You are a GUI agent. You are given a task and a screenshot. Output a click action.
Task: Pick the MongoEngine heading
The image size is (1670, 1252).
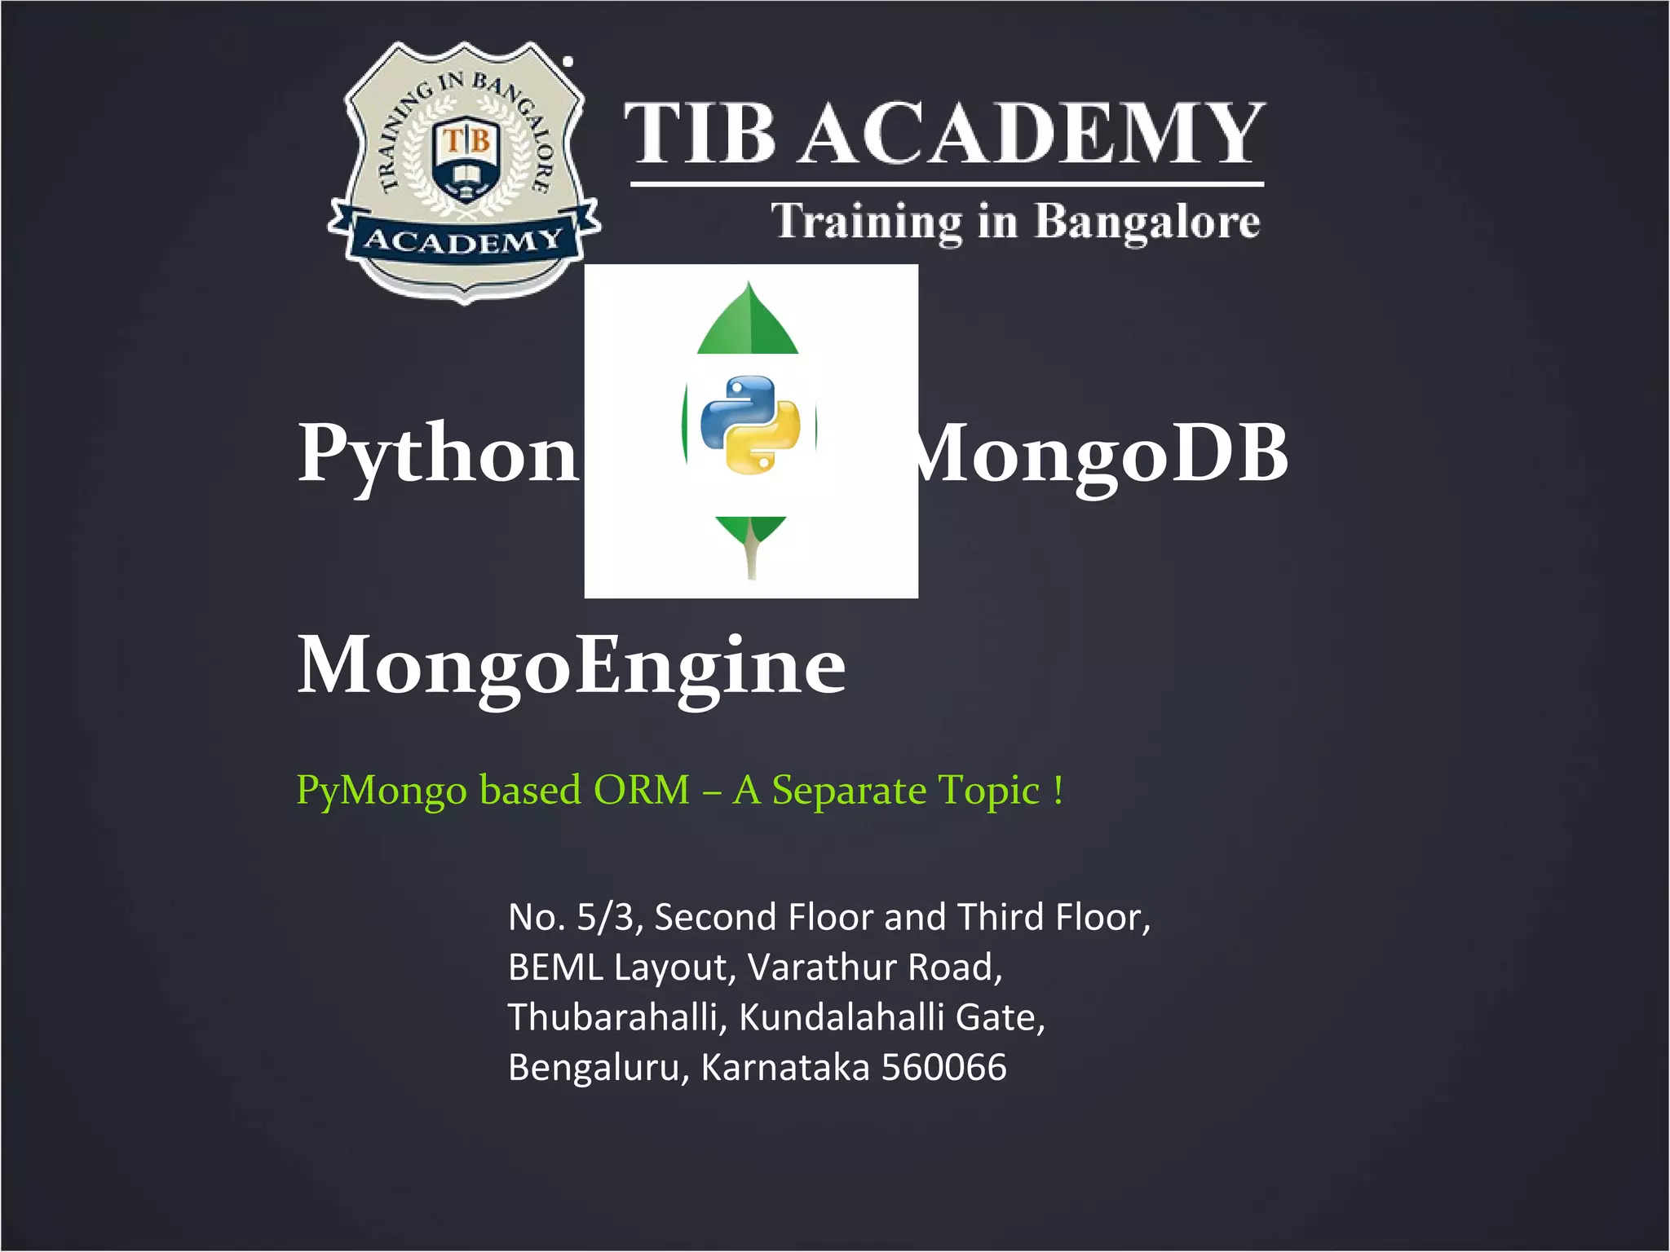coord(571,667)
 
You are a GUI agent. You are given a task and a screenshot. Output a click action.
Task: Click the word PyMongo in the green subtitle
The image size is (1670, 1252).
coord(381,790)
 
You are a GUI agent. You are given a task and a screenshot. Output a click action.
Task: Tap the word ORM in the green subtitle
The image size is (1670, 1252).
coord(641,790)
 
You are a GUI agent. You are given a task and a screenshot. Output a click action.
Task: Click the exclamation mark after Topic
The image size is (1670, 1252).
coord(1058,790)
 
